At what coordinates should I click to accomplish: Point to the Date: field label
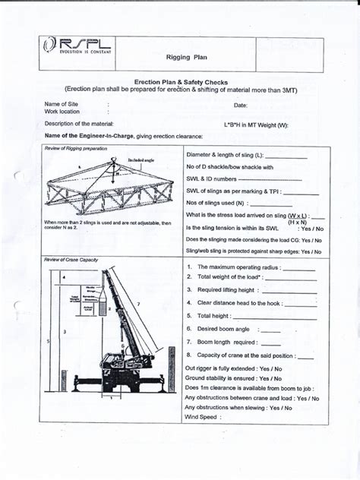(x=241, y=105)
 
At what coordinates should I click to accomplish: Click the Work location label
(x=62, y=112)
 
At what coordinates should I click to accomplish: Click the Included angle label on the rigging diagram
(x=141, y=161)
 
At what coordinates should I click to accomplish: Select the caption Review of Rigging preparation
(x=75, y=148)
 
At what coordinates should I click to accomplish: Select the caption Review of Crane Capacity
(x=71, y=260)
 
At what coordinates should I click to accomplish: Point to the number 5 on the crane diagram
(x=49, y=343)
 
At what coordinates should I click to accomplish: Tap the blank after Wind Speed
(x=251, y=417)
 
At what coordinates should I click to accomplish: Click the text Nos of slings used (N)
(x=216, y=204)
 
